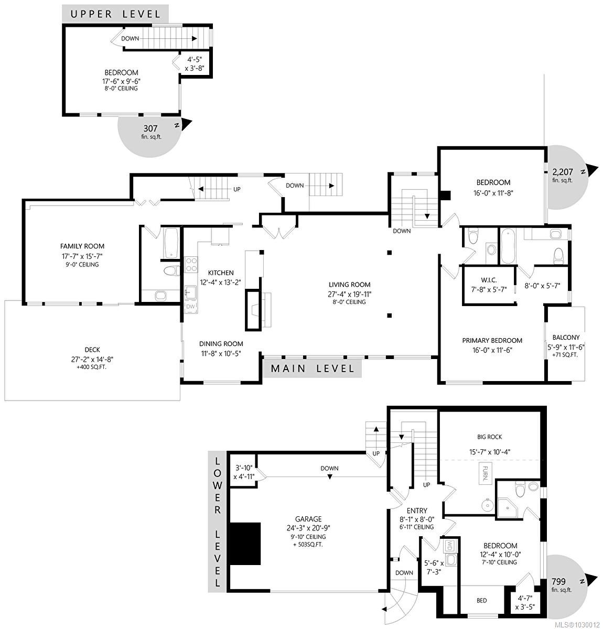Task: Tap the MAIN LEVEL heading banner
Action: click(312, 368)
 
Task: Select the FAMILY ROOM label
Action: click(82, 246)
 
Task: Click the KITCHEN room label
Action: click(221, 273)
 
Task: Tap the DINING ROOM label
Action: click(221, 344)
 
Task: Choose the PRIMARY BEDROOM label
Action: click(492, 340)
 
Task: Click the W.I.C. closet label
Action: click(485, 279)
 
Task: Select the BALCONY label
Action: click(566, 338)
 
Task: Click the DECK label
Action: click(92, 350)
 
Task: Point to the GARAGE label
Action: click(308, 519)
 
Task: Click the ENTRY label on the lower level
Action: click(417, 511)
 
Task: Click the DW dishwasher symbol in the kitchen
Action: click(190, 306)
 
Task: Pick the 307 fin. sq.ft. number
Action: click(150, 127)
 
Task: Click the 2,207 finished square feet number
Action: click(562, 171)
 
